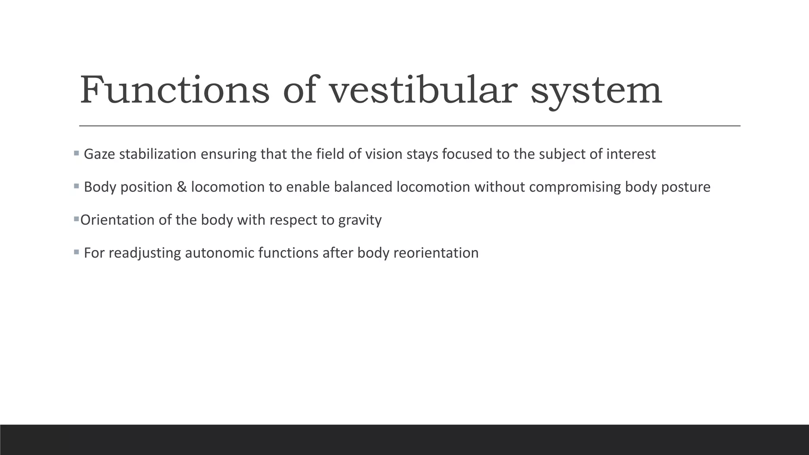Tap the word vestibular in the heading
423,90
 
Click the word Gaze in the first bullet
99,154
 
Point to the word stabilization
158,154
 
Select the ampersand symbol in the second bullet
182,187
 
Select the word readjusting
145,253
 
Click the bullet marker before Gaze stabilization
76,153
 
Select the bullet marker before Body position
76,186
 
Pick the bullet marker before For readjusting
76,252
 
